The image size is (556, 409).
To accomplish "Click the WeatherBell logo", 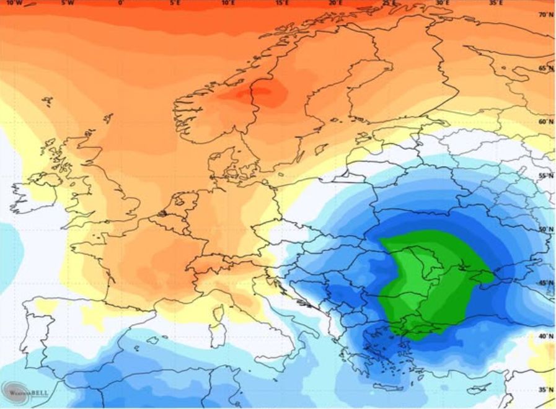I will (28, 391).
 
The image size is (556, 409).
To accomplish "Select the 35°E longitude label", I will (496, 3).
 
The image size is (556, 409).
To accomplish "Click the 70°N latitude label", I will (545, 15).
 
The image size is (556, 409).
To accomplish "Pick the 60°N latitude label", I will (545, 122).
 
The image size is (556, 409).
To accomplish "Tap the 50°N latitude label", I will (545, 230).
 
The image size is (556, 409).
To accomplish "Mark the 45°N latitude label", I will (545, 283).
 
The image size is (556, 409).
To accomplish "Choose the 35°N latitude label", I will (545, 390).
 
